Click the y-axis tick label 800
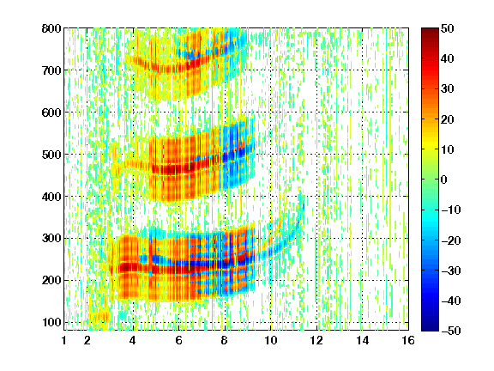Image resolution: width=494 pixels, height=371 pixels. (51, 28)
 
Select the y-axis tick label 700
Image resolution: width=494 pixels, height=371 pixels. (51, 70)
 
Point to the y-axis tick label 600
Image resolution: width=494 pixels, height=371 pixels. (51, 113)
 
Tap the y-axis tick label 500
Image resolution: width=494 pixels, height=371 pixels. (51, 155)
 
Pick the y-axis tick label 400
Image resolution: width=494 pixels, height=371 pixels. (51, 197)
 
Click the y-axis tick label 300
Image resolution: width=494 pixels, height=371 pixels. (51, 239)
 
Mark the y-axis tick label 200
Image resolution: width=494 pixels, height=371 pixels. (51, 281)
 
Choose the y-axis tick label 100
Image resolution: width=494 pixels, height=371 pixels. (51, 322)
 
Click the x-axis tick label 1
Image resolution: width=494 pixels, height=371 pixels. (64, 340)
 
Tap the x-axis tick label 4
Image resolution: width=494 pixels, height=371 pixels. (133, 340)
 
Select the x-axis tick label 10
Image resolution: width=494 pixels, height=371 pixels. (270, 340)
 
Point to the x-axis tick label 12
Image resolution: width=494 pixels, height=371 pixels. (316, 340)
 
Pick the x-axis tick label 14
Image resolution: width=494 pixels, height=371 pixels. (362, 340)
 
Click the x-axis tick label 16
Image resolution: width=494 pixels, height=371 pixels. (408, 340)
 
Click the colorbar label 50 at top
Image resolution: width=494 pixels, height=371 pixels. (447, 28)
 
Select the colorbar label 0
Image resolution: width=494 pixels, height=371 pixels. (444, 179)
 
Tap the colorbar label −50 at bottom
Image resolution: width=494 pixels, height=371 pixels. (451, 331)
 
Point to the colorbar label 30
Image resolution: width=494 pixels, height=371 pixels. (447, 89)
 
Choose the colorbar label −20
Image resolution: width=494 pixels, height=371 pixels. (451, 240)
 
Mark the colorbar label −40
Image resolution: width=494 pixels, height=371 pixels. (451, 301)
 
